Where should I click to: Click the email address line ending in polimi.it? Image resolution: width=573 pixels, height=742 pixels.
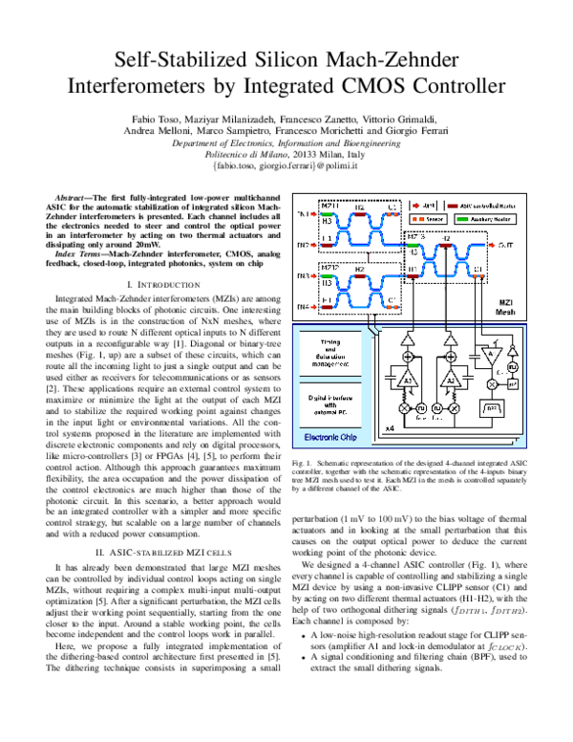point(286,165)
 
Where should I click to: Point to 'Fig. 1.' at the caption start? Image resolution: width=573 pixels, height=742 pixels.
point(303,463)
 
